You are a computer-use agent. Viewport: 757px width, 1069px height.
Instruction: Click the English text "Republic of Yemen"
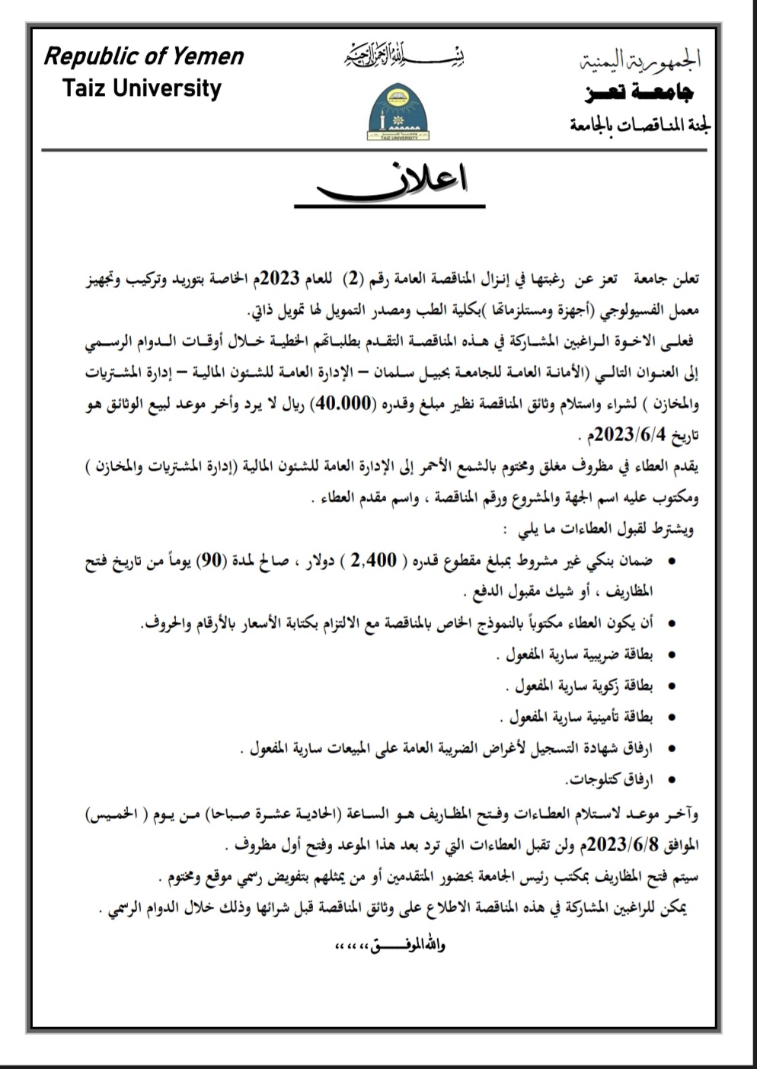[x=144, y=56]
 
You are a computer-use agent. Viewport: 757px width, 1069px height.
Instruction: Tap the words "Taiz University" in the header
[x=142, y=88]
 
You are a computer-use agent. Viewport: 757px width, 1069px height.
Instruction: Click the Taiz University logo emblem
[x=397, y=112]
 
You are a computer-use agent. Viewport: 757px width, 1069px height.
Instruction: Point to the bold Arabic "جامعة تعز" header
[x=639, y=93]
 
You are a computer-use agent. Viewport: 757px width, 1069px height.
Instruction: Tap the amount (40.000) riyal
[x=336, y=404]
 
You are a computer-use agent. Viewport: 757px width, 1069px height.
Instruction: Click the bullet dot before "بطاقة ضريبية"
[x=671, y=655]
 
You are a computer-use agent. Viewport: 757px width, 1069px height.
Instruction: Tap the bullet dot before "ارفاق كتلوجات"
[x=671, y=779]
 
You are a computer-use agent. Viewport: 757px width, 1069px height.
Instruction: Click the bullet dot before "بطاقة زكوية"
[x=671, y=686]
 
